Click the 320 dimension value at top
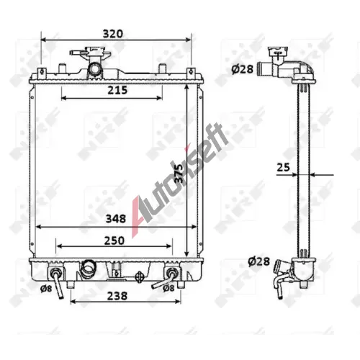click(112, 34)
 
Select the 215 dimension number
click(117, 90)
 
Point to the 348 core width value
click(116, 219)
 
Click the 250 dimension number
click(114, 240)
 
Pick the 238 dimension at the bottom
click(117, 296)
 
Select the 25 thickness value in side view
click(284, 167)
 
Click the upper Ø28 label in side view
click(243, 69)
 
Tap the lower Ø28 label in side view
click(259, 261)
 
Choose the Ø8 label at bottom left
click(46, 289)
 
